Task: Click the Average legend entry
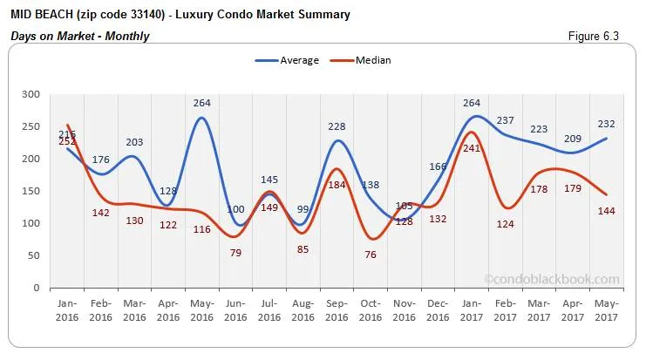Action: (x=287, y=60)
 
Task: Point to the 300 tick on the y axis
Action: (x=31, y=94)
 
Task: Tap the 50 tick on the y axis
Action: (x=33, y=255)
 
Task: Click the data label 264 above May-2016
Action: (x=202, y=103)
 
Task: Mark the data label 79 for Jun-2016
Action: (x=235, y=253)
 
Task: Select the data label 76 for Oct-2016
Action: (x=370, y=255)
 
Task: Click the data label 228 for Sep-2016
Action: (x=337, y=126)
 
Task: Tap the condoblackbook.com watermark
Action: (x=551, y=279)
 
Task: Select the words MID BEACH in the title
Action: (x=43, y=15)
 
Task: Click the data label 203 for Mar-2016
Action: (x=135, y=143)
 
